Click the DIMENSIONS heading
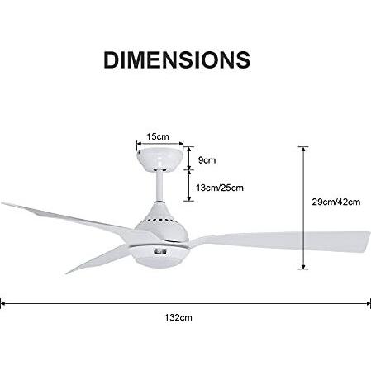tap(177, 59)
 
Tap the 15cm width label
tap(158, 136)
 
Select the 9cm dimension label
tap(207, 160)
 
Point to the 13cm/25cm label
tap(220, 188)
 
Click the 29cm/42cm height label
tap(336, 202)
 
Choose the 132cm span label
tap(178, 317)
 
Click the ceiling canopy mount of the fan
tap(159, 158)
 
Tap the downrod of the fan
tap(159, 186)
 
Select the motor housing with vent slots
tap(162, 222)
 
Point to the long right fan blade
tap(278, 240)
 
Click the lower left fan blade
tap(98, 258)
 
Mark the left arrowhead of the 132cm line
tap(2, 303)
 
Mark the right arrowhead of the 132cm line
tap(369, 303)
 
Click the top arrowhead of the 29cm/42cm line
tap(303, 149)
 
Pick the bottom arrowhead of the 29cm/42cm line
tap(303, 267)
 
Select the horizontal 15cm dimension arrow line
tap(160, 144)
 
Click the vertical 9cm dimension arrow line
tap(189, 158)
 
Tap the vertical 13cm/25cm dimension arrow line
tap(189, 185)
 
